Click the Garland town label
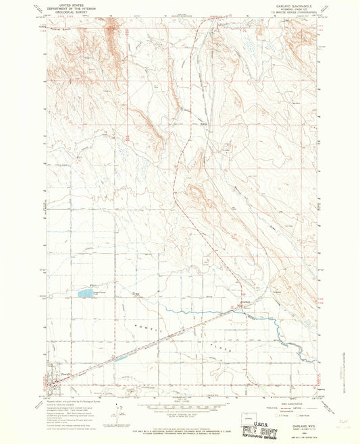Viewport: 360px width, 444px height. pyautogui.click(x=247, y=302)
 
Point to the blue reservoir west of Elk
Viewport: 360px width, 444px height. pyautogui.click(x=86, y=294)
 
